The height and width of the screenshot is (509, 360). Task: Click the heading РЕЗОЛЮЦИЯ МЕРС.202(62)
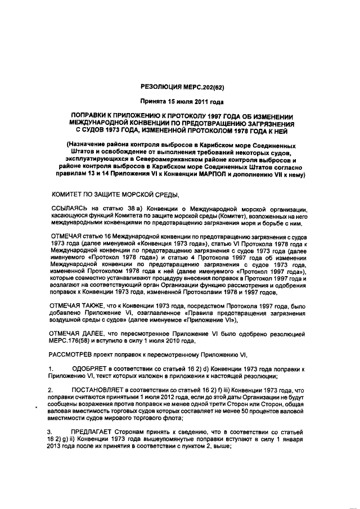tap(181, 87)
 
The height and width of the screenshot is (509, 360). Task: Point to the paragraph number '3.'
tap(50, 432)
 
